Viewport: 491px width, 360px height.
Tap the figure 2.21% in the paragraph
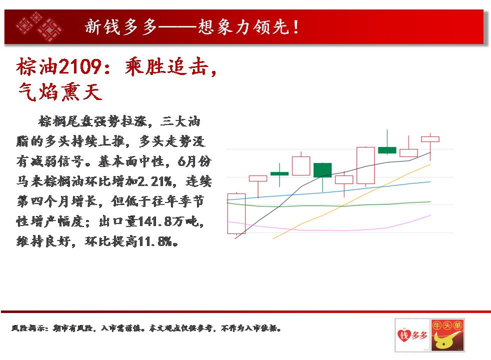click(154, 181)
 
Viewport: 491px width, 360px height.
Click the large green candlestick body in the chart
click(322, 170)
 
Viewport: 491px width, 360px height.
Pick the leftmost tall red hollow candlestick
click(236, 214)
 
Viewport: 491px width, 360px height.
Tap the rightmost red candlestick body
click(430, 139)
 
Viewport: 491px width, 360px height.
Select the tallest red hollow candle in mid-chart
click(365, 165)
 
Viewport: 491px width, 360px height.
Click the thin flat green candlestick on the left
click(279, 173)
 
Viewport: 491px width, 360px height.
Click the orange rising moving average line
click(351, 201)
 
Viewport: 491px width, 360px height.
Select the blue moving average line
click(329, 191)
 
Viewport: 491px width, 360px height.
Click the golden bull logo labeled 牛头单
click(447, 335)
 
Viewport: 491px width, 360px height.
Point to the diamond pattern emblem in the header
click(39, 27)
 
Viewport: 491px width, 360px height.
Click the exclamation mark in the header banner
click(295, 27)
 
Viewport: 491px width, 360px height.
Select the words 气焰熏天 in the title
click(59, 92)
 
